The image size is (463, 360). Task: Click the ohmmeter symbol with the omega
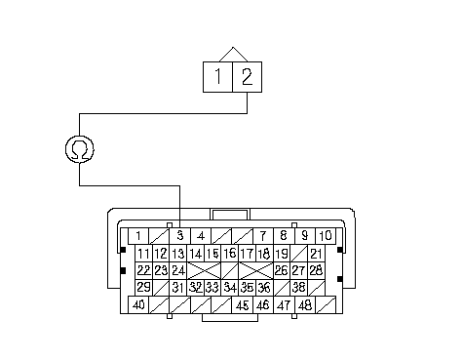(80, 149)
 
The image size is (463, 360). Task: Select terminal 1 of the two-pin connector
(217, 77)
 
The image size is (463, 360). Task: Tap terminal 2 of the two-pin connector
(248, 77)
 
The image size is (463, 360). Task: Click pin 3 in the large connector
(179, 236)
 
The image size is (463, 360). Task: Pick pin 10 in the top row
(326, 236)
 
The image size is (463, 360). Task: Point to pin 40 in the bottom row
(138, 305)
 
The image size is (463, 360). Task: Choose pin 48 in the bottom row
(305, 305)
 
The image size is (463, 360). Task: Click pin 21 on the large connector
(316, 254)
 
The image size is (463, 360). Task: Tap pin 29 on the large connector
(143, 288)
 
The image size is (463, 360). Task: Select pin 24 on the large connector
(178, 270)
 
